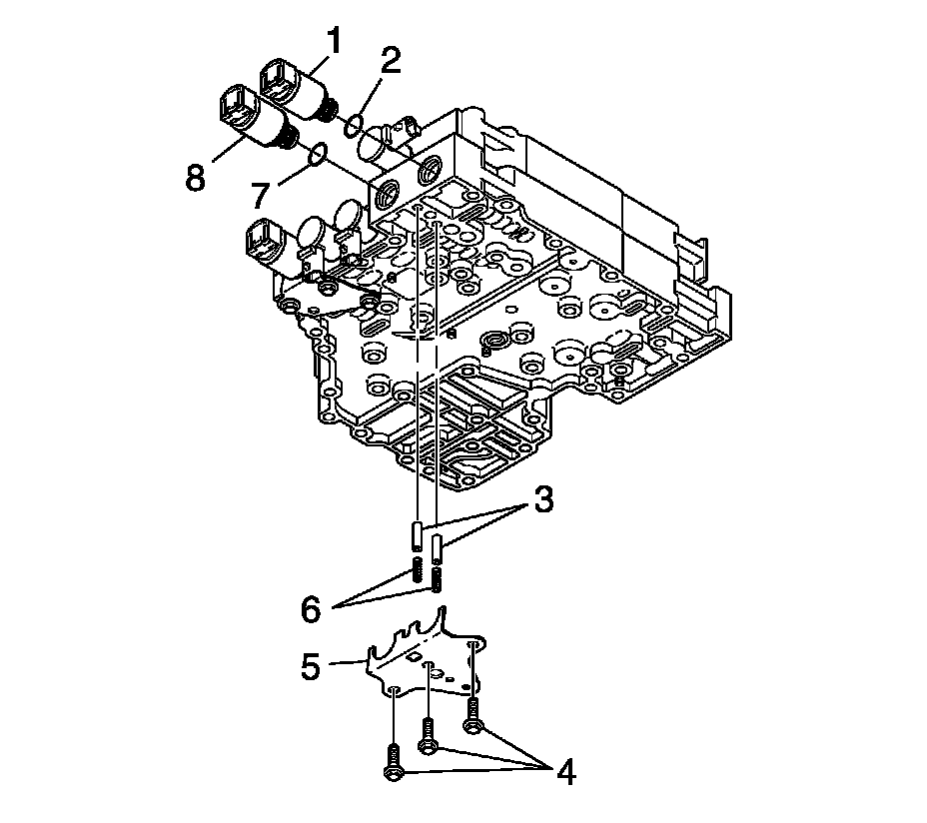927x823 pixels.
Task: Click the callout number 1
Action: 333,42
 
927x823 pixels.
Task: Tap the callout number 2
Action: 389,62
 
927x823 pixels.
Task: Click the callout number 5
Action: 312,666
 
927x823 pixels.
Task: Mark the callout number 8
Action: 195,178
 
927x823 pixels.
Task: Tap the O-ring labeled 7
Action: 317,153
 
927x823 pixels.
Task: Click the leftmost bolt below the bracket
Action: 393,764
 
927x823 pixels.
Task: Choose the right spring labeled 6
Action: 437,579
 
